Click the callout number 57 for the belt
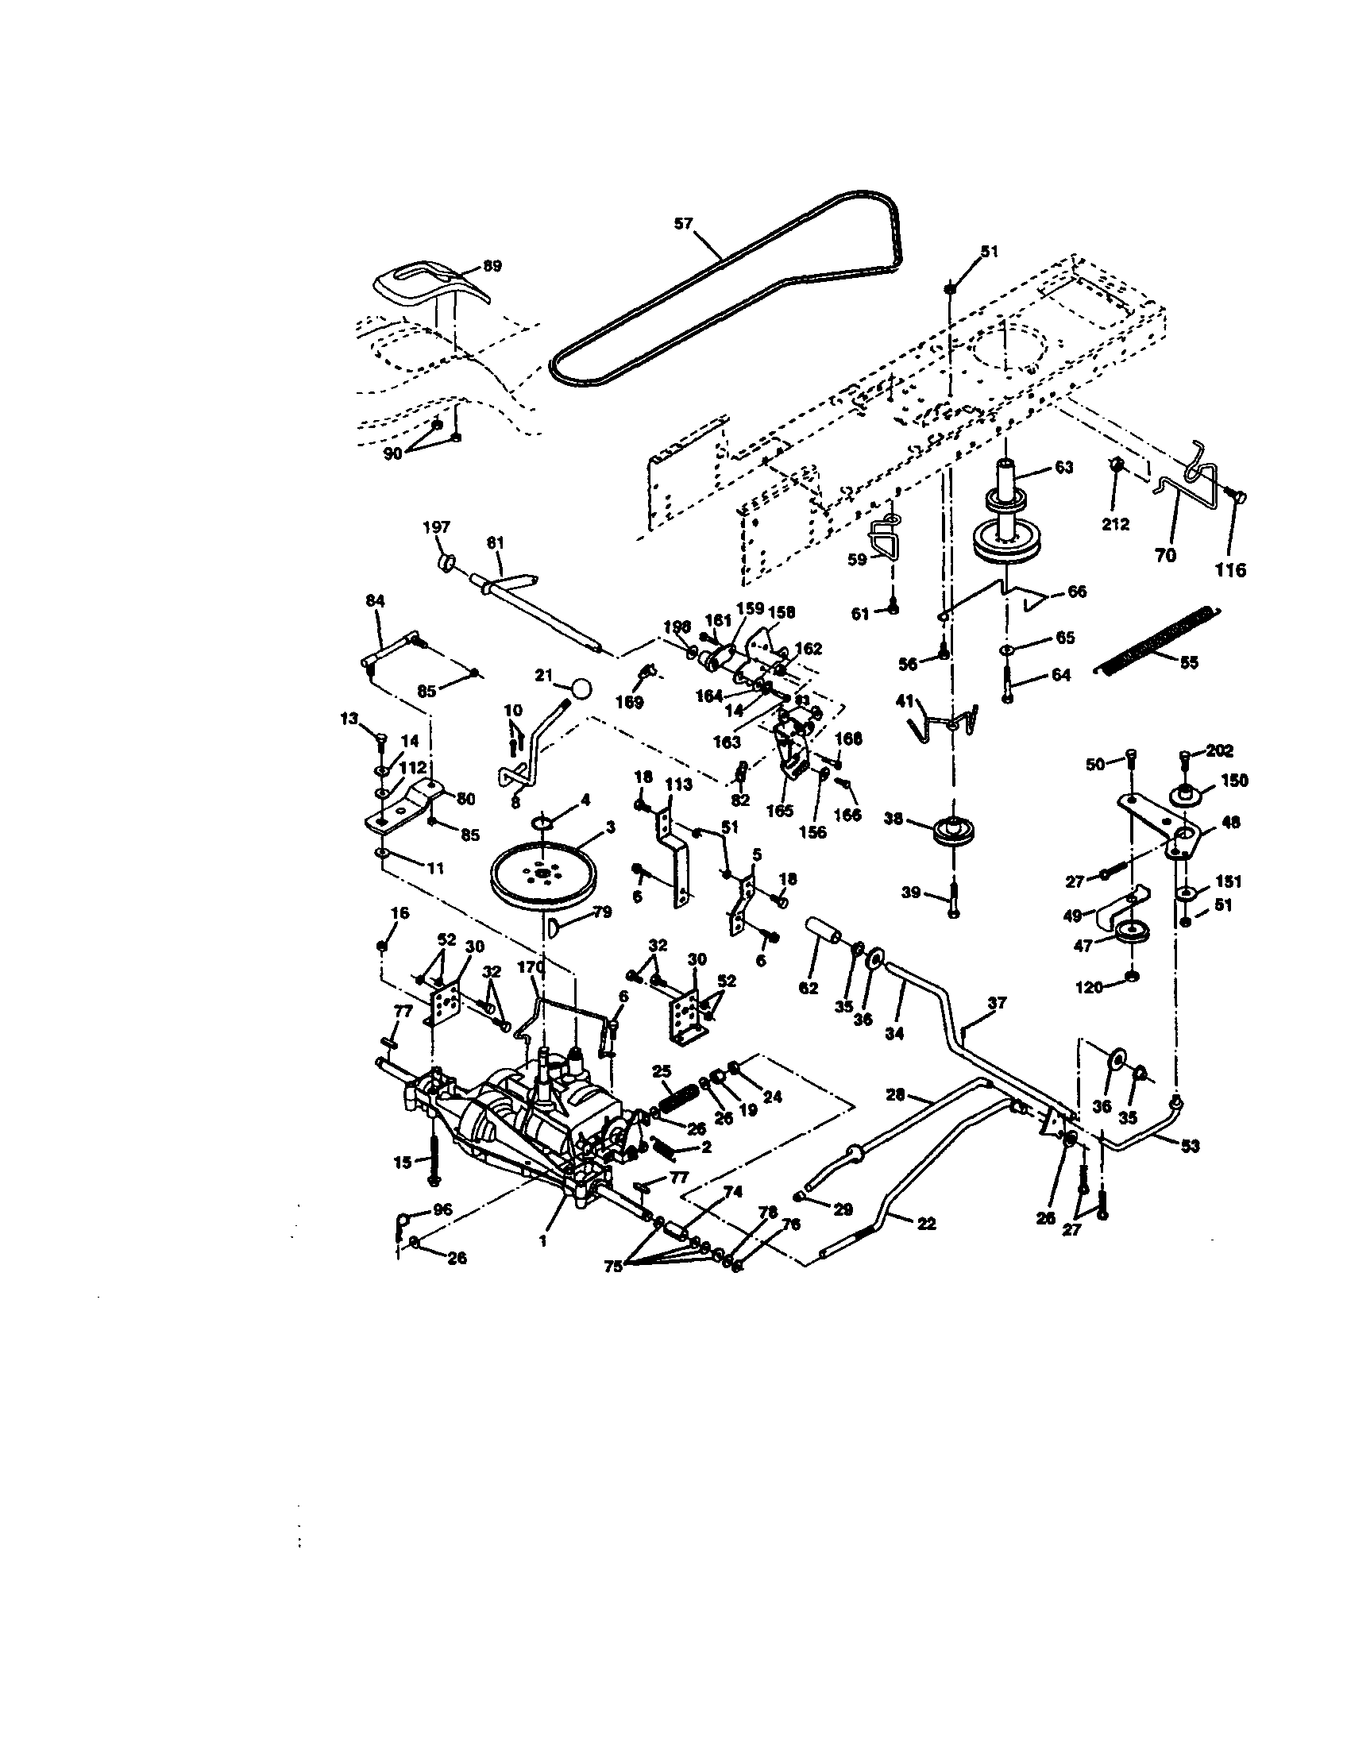[x=682, y=224]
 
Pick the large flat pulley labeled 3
[x=544, y=876]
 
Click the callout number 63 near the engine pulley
[x=1063, y=467]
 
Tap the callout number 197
[x=436, y=526]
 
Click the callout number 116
[x=1230, y=570]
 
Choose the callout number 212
[x=1116, y=524]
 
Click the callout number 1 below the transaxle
[x=542, y=1240]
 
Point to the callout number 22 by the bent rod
[x=925, y=1224]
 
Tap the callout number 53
[x=1190, y=1146]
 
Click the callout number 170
[x=531, y=966]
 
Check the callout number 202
[x=1219, y=750]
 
